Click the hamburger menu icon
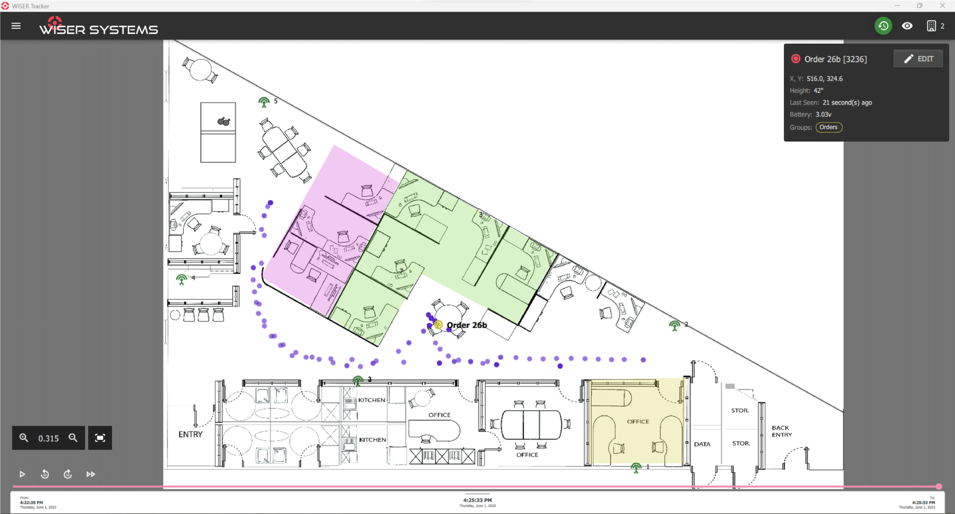[x=16, y=26]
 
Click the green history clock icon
[x=883, y=26]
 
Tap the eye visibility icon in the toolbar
[x=907, y=26]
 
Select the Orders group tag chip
[x=828, y=127]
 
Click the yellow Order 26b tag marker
[x=438, y=325]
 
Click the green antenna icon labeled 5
[x=264, y=102]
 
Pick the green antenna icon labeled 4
[x=181, y=279]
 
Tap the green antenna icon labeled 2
[x=674, y=325]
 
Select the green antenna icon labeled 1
[x=636, y=467]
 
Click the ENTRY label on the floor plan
[x=190, y=434]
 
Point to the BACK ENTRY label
[x=782, y=431]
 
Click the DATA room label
[x=702, y=444]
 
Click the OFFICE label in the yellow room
[x=637, y=421]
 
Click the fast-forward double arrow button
[x=90, y=474]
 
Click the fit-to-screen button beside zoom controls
[x=100, y=438]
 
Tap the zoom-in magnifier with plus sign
[x=24, y=438]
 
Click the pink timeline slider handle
[x=939, y=487]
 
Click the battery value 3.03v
[x=823, y=114]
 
